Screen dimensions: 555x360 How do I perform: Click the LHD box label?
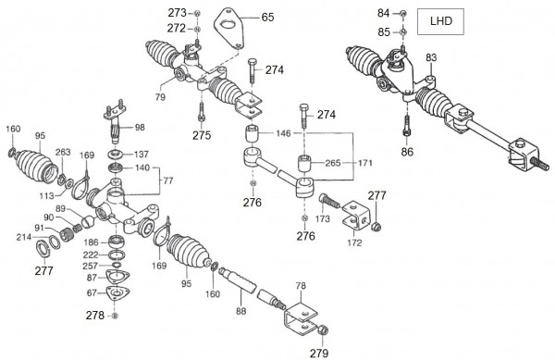point(440,21)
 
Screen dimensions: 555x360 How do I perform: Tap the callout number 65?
point(267,17)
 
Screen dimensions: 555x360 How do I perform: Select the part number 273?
point(177,13)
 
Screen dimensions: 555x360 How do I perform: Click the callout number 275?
point(202,135)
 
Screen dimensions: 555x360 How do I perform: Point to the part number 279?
point(319,353)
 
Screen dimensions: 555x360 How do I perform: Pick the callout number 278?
point(95,315)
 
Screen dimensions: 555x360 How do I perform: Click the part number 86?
point(407,152)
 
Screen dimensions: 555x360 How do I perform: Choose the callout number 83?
point(431,57)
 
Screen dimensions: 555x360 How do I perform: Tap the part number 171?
point(365,163)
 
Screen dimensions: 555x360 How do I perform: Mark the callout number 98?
point(140,128)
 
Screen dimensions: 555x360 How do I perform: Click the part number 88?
point(241,311)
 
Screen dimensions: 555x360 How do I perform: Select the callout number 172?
point(354,242)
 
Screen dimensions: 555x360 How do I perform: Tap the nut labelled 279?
point(324,330)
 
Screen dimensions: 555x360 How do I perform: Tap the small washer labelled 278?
point(115,316)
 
